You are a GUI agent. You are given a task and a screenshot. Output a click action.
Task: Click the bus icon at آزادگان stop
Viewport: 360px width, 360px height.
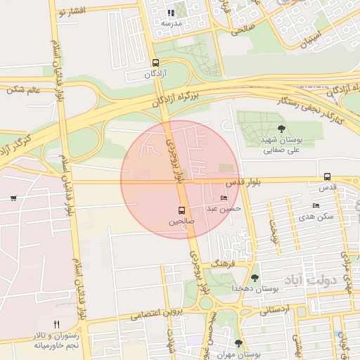coord(155,63)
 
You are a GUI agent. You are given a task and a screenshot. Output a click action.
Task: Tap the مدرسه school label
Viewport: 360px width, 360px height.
coord(172,23)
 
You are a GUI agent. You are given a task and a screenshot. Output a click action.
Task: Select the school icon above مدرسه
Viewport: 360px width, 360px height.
coord(171,12)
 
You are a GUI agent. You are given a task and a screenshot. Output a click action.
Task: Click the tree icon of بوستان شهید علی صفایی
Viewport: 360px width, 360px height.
coord(281,129)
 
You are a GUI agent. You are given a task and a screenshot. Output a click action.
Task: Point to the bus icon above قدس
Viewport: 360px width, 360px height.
coord(327,177)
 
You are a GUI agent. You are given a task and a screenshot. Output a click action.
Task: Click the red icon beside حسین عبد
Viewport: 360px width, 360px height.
coord(224,198)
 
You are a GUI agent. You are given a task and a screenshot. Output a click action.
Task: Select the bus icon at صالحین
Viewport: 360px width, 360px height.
coord(182,210)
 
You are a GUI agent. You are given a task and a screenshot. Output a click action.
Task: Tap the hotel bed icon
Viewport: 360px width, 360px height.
coord(316,205)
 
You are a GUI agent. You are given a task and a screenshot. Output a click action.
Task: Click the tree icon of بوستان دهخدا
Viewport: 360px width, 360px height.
coord(255,278)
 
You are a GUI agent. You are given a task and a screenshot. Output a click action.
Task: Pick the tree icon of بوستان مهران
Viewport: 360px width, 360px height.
coord(238,343)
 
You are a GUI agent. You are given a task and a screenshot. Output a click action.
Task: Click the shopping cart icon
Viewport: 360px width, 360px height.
coord(13,198)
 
